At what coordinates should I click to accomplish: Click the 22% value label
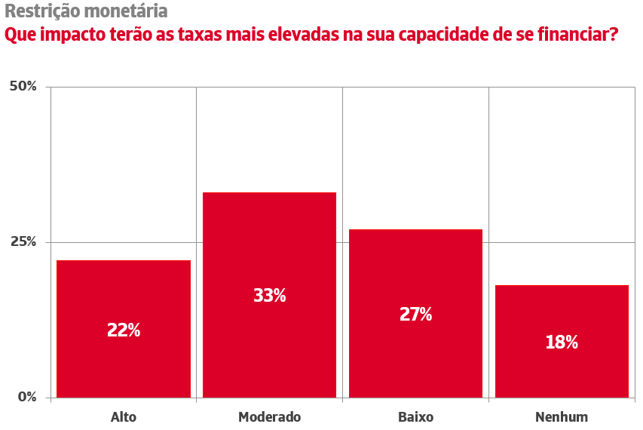[x=124, y=330]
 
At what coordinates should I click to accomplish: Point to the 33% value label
[x=269, y=296]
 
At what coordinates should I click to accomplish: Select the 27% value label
[x=415, y=315]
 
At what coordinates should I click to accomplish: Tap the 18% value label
[x=562, y=342]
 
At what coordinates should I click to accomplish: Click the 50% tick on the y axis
[x=23, y=87]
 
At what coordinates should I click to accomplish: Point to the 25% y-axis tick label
[x=23, y=242]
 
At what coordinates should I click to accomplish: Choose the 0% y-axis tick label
[x=26, y=398]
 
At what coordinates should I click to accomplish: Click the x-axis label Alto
[x=124, y=416]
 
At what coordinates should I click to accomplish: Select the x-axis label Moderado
[x=269, y=416]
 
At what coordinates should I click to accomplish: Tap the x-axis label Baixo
[x=415, y=416]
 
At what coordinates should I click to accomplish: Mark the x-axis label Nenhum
[x=562, y=416]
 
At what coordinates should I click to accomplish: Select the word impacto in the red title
[x=75, y=35]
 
